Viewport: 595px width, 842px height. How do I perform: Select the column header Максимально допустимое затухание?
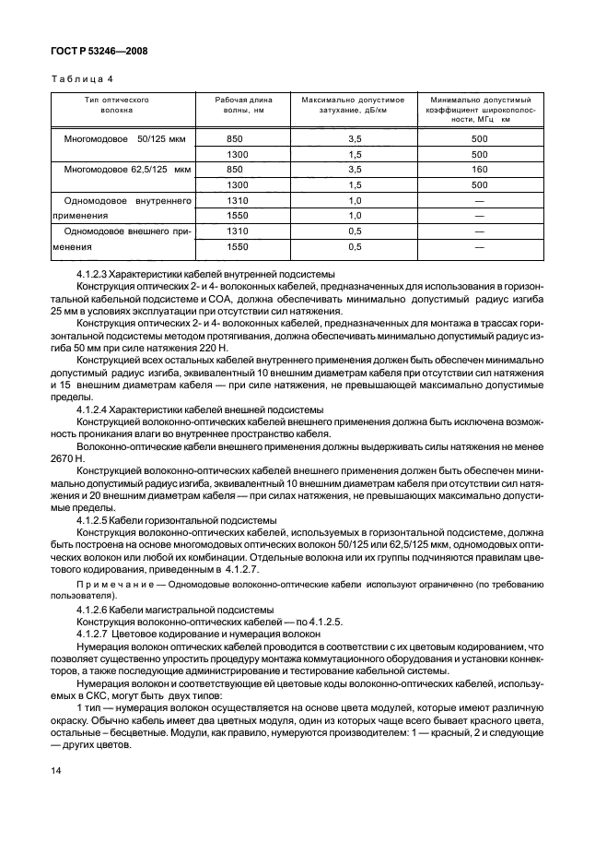click(354, 103)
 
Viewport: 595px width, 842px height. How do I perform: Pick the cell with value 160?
click(478, 170)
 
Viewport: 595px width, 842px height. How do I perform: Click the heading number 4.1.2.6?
click(96, 610)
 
